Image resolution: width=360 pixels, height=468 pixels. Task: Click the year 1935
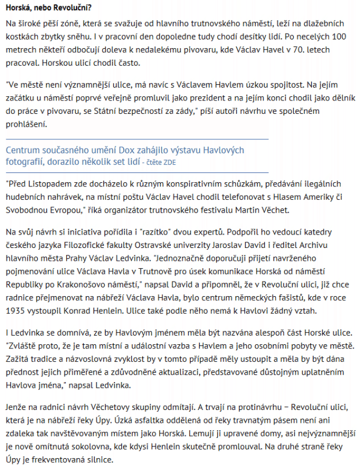click(14, 311)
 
